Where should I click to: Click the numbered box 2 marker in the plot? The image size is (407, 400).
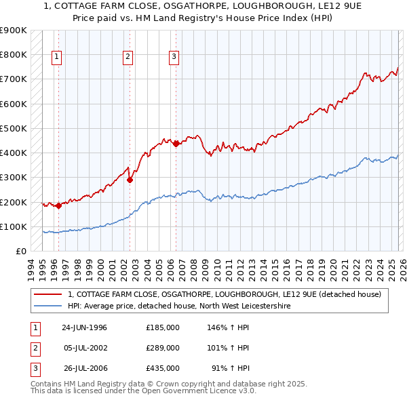click(128, 58)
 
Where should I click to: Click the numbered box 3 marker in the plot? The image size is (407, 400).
click(174, 58)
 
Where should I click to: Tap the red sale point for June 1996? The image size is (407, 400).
click(58, 206)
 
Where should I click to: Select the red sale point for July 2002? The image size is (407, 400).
click(130, 180)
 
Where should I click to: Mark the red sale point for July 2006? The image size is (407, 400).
click(176, 144)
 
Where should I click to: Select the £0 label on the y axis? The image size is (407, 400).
click(20, 251)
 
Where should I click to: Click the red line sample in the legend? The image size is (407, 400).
click(47, 294)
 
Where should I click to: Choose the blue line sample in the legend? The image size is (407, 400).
click(47, 306)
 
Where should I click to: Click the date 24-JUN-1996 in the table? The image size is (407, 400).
click(84, 327)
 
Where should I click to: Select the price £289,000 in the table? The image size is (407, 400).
click(163, 348)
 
